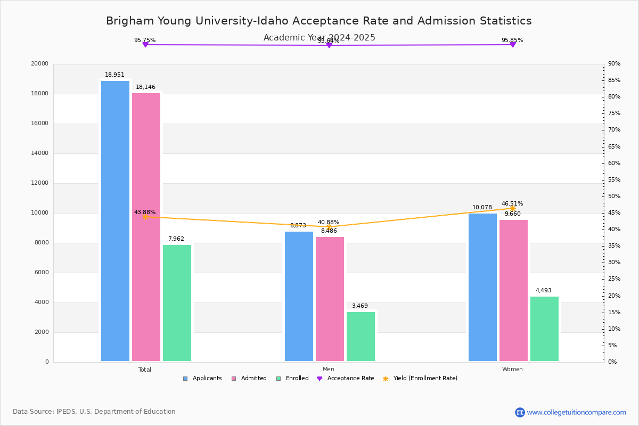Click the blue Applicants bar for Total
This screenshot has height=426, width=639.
click(x=115, y=221)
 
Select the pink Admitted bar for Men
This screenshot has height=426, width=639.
click(x=330, y=299)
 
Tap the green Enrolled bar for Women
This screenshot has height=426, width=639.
click(x=544, y=329)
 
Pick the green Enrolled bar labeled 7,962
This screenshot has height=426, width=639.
click(x=177, y=303)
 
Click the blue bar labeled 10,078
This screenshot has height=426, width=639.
click(x=482, y=287)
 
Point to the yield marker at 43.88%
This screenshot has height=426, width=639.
click(x=145, y=217)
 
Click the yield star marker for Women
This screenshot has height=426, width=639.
click(x=513, y=208)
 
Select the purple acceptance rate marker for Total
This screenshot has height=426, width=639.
click(x=145, y=45)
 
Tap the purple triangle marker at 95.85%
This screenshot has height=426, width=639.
click(x=513, y=44)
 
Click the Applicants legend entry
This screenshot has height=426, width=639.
click(x=202, y=379)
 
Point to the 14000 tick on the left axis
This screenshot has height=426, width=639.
click(x=40, y=153)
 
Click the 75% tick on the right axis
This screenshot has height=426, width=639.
click(x=614, y=113)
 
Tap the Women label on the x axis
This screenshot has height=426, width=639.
click(x=512, y=370)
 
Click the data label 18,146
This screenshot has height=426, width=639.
click(x=145, y=87)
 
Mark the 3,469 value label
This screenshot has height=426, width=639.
click(x=359, y=306)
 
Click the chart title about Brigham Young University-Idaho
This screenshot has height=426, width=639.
click(x=318, y=21)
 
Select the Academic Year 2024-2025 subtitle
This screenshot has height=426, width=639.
click(x=319, y=38)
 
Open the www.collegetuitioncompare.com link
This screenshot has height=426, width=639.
click(x=576, y=412)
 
